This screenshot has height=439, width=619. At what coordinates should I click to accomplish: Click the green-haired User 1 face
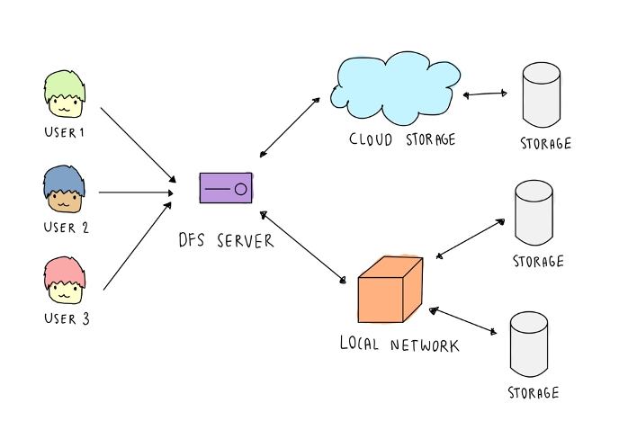click(x=65, y=96)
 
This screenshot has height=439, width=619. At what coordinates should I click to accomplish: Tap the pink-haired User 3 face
click(x=65, y=282)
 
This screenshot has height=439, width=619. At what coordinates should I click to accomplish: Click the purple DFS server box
click(x=226, y=189)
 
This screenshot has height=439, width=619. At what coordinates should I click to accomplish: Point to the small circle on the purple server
click(x=240, y=190)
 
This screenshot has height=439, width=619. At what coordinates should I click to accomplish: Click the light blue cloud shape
click(x=394, y=91)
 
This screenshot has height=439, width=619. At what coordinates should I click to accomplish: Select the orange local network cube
click(x=390, y=291)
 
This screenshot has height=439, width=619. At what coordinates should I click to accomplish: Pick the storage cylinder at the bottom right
click(x=530, y=345)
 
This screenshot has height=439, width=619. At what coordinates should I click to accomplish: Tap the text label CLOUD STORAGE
click(x=402, y=139)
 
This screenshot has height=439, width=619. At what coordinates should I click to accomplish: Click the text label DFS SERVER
click(x=226, y=240)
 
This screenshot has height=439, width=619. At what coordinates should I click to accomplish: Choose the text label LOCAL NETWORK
click(x=399, y=345)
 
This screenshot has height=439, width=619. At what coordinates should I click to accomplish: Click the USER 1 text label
click(x=64, y=133)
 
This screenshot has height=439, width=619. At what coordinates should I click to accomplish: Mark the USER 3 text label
click(x=66, y=318)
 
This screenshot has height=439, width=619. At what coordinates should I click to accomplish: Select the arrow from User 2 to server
click(x=135, y=192)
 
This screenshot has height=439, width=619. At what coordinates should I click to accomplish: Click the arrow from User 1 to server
click(x=137, y=142)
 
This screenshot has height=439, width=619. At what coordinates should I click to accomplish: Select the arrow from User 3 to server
click(x=137, y=246)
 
